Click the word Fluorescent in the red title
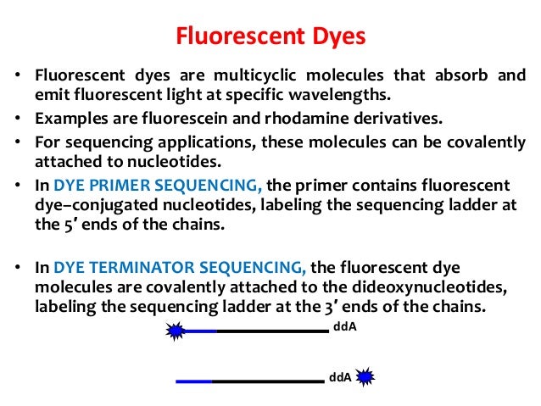click(x=241, y=36)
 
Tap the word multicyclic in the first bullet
click(x=255, y=76)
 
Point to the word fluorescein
click(x=185, y=119)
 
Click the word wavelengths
click(x=339, y=95)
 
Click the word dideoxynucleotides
click(x=430, y=287)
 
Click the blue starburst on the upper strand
click(x=176, y=331)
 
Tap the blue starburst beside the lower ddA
click(x=365, y=376)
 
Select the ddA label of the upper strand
click(x=344, y=326)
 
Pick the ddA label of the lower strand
click(x=340, y=377)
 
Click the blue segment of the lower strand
click(x=194, y=381)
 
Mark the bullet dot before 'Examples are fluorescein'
click(x=18, y=119)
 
